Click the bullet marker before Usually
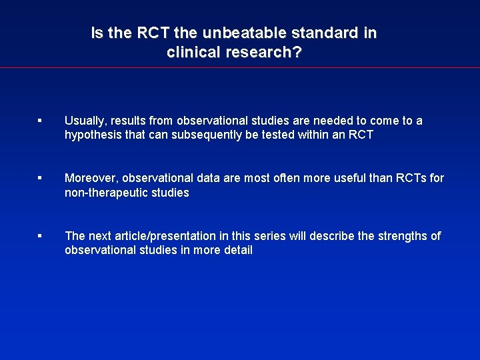(x=40, y=121)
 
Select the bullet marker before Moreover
(x=40, y=178)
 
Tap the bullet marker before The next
(x=40, y=235)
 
